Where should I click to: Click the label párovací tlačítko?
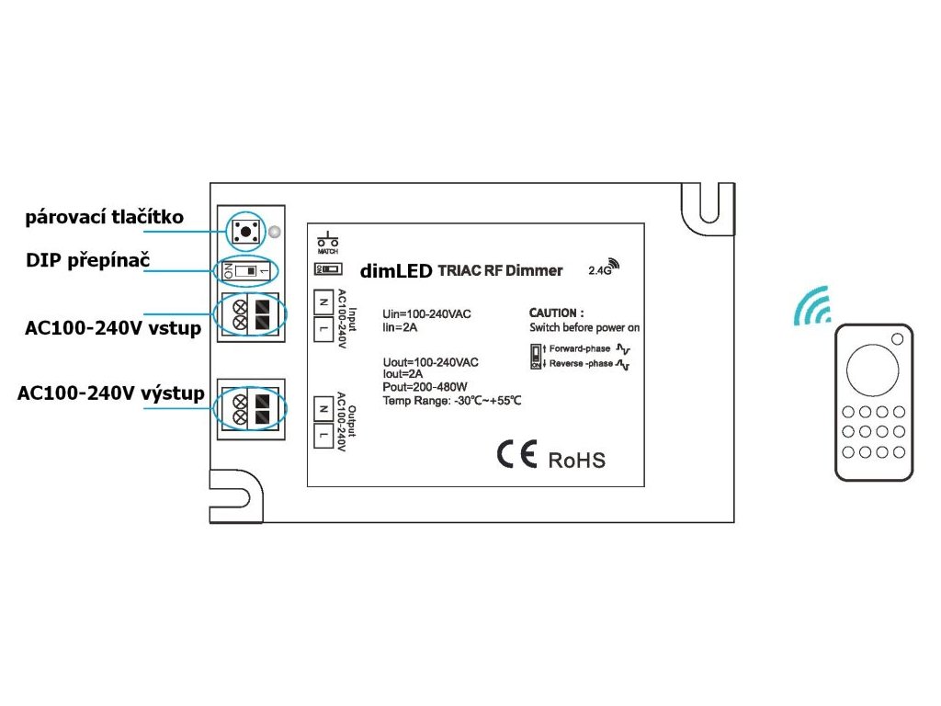tap(105, 218)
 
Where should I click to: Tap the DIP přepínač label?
tap(88, 260)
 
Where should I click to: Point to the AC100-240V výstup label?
tap(109, 393)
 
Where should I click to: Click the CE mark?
tap(516, 456)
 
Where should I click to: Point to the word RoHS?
tap(577, 460)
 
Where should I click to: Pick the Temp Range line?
tap(452, 401)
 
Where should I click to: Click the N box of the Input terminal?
tap(323, 301)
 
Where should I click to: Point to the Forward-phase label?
tap(580, 349)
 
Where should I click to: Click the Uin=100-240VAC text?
tap(426, 314)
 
